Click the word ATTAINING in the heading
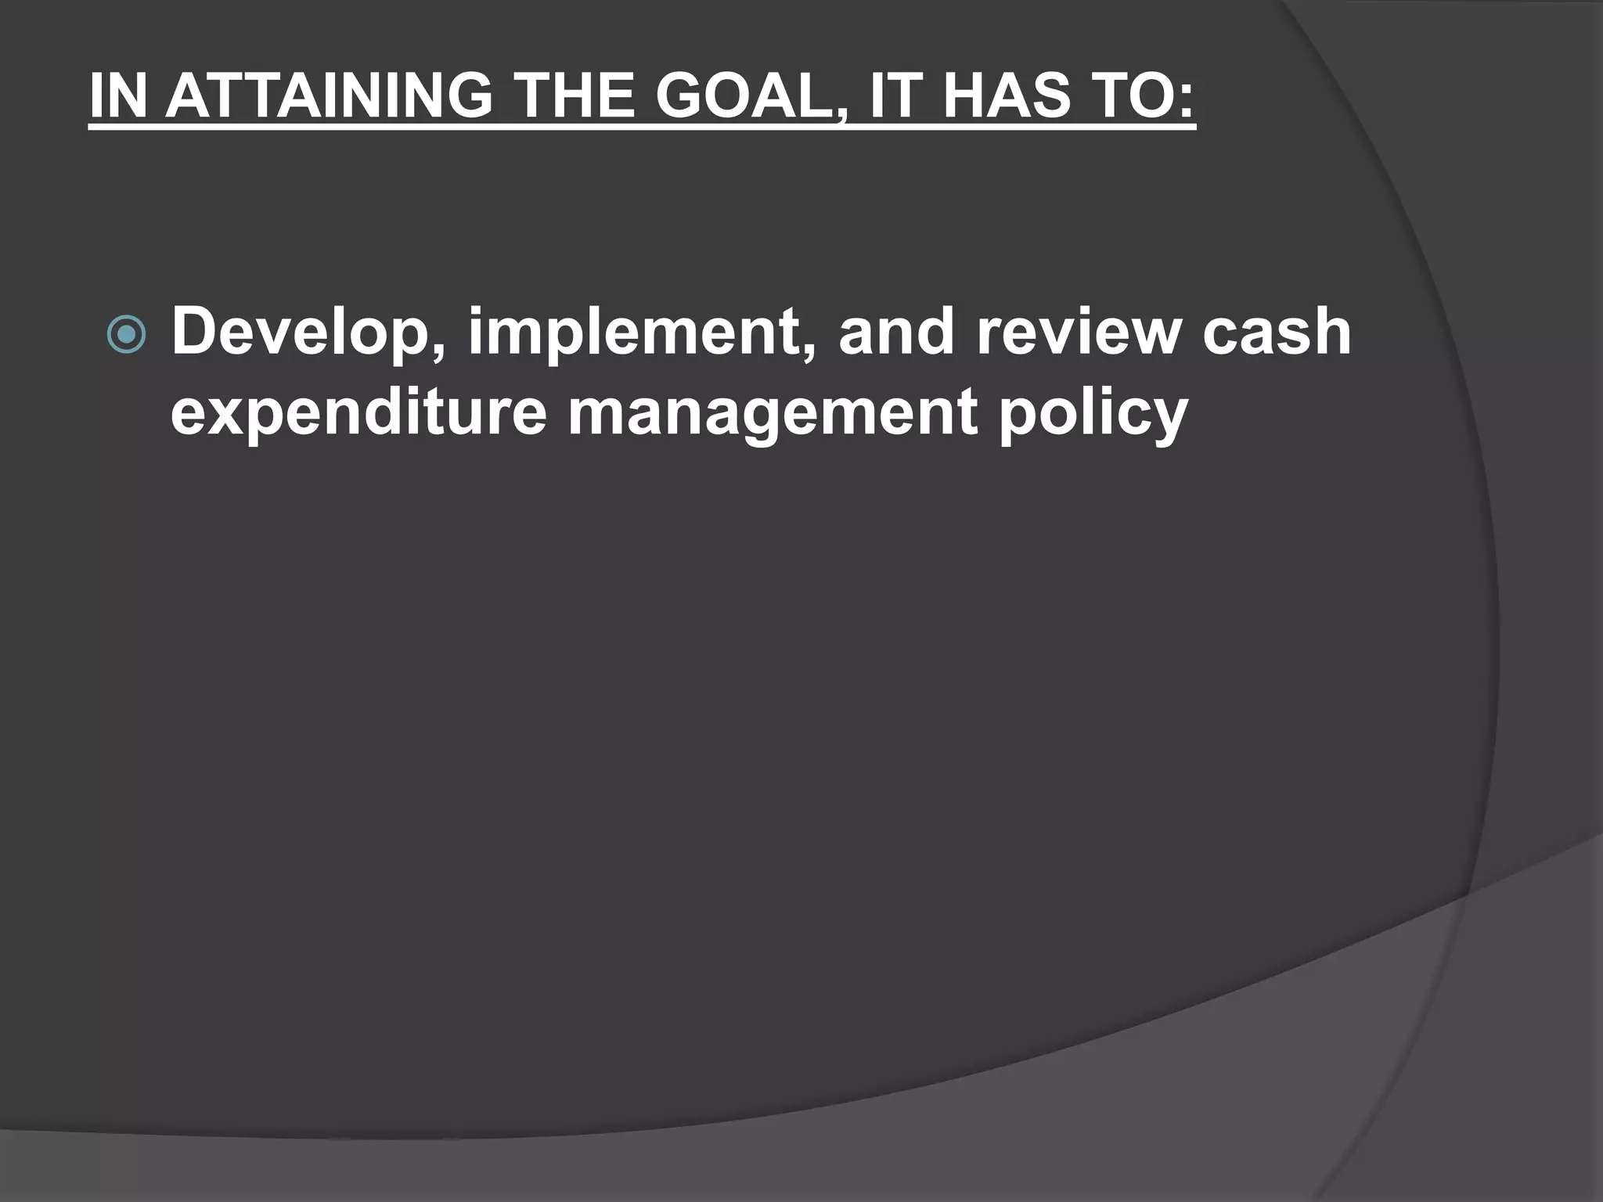pyautogui.click(x=330, y=95)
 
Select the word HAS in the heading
pyautogui.click(x=1006, y=95)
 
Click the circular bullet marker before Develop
pyautogui.click(x=126, y=335)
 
